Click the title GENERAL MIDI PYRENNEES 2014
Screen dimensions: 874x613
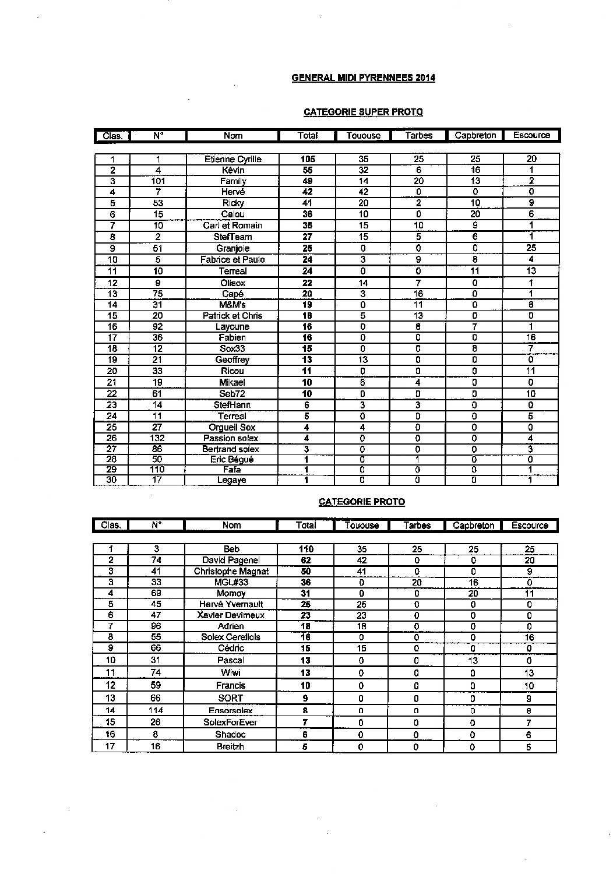[363, 78]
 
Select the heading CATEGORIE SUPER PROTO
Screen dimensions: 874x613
[363, 112]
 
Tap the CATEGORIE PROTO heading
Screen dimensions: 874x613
[362, 502]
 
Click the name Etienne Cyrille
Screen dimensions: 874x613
[233, 159]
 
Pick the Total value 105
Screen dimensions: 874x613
[308, 159]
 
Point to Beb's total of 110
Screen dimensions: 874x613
[306, 549]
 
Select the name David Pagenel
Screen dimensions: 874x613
[231, 560]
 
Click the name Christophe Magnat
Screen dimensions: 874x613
[231, 571]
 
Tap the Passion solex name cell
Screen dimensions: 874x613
[231, 438]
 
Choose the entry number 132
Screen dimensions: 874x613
[157, 438]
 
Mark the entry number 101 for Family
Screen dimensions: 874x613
[158, 181]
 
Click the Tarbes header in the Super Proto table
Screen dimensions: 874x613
[419, 136]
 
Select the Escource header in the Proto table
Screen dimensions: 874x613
[530, 526]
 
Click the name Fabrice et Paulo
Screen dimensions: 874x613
[232, 260]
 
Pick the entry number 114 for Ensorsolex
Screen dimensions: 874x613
[156, 710]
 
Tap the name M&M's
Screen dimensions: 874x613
[232, 305]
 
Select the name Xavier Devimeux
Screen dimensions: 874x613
[231, 615]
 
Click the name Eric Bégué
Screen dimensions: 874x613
[232, 460]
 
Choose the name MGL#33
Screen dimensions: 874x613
[231, 582]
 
